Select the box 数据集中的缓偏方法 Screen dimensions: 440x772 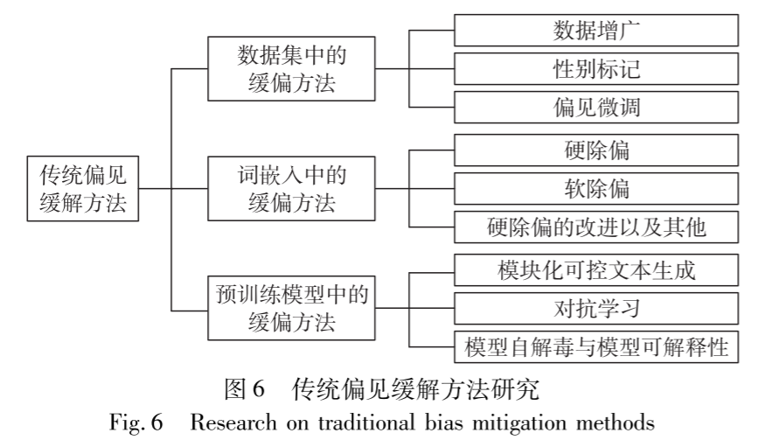tap(291, 67)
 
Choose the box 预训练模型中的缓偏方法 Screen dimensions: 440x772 tap(291, 308)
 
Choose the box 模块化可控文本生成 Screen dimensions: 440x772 tap(597, 269)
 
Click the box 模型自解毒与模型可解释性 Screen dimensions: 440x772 tap(597, 346)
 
